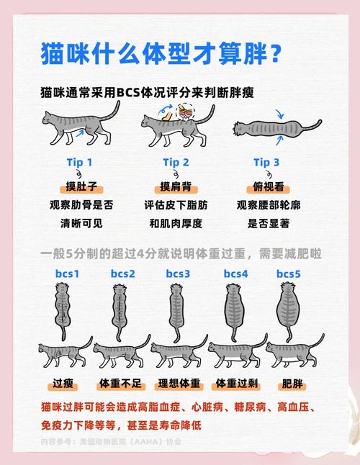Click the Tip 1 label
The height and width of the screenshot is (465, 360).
point(80,162)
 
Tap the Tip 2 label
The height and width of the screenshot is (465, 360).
point(176,162)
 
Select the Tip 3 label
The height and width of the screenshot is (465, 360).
point(266,162)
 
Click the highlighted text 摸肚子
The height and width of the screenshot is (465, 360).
point(81,186)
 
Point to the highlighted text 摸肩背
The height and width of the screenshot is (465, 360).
point(176,186)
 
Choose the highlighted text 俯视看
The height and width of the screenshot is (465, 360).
point(266,186)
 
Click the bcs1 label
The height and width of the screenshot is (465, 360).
point(67,274)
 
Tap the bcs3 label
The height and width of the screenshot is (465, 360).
point(178,274)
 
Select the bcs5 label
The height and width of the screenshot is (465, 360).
point(289,274)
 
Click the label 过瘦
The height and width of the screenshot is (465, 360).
point(63,382)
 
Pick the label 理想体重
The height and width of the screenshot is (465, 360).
point(176,382)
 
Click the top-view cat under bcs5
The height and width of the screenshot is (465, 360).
point(289,310)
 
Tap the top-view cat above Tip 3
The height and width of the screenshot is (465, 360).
point(265,127)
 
